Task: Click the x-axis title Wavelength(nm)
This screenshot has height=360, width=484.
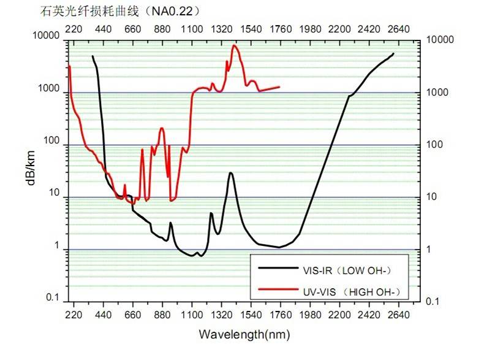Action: (244, 334)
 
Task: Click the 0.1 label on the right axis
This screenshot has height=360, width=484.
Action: (433, 302)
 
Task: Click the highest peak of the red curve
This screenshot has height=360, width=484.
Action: (234, 45)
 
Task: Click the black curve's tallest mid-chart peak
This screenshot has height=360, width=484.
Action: (230, 173)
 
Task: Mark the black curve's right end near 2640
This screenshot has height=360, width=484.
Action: (393, 53)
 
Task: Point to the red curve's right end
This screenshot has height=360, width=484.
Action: (279, 87)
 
